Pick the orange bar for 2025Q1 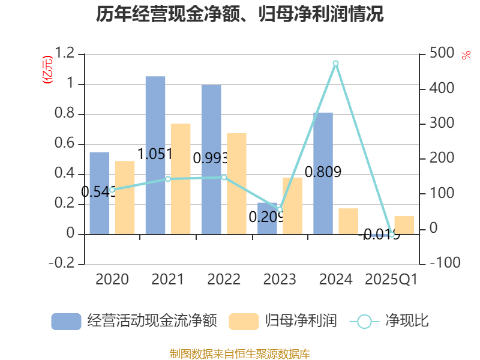(404, 225)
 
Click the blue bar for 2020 (100, 193)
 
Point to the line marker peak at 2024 (335, 63)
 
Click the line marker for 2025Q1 (392, 235)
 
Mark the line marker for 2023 (280, 209)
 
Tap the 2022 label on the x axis (224, 280)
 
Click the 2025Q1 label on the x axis (391, 280)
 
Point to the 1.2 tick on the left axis (65, 54)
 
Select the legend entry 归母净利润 (283, 321)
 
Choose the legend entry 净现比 (389, 321)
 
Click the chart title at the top (240, 14)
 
